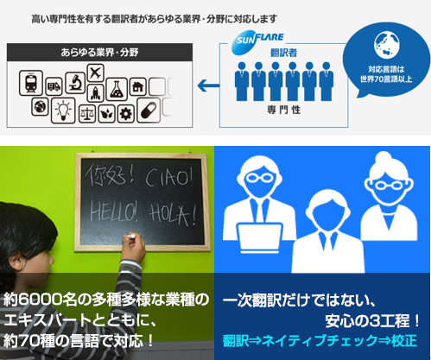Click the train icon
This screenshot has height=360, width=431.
(x=31, y=83)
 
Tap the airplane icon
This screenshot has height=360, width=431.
(x=95, y=73)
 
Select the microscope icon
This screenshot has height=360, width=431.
(x=75, y=83)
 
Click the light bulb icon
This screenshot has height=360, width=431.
(x=63, y=111)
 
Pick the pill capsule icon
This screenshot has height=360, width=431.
(x=149, y=111)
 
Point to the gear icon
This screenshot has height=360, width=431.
(x=126, y=114)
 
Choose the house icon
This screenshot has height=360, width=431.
(x=137, y=86)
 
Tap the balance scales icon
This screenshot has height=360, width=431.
(x=87, y=114)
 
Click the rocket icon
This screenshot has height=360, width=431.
(x=95, y=93)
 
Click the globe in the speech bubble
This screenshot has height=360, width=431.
(x=386, y=45)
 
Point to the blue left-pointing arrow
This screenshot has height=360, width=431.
(x=208, y=85)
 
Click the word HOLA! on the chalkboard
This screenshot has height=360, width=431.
(x=173, y=214)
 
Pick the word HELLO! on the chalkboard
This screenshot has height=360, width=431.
(x=114, y=212)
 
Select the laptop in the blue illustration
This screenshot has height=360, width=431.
(x=260, y=238)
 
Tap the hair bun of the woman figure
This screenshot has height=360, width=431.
(x=383, y=159)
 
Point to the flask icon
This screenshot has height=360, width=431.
(x=117, y=89)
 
